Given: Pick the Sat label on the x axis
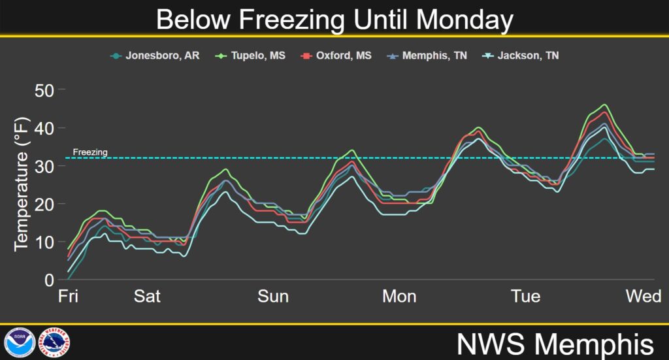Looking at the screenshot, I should click(147, 296).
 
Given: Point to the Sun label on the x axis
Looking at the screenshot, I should click(273, 296).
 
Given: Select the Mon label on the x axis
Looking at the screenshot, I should click(399, 296).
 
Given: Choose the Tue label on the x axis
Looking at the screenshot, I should click(526, 296).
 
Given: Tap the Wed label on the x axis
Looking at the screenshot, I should click(644, 296).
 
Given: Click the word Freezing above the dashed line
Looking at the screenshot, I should click(90, 152).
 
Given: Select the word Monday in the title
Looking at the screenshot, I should click(465, 20).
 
